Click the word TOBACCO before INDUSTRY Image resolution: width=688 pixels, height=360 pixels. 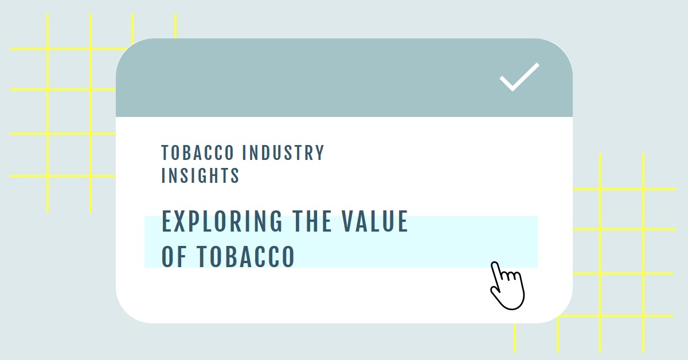(197, 152)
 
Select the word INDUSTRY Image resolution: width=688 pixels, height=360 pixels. (283, 152)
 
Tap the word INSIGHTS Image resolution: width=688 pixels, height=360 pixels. (200, 175)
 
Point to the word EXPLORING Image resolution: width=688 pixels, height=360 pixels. (222, 221)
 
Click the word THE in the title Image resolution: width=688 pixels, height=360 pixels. (312, 221)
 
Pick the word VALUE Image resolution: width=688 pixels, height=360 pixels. (375, 221)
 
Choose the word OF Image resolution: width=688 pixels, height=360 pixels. (174, 256)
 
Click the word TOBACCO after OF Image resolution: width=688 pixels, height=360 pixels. (246, 256)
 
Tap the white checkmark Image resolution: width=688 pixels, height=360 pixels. (519, 77)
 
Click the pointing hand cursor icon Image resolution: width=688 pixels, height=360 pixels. (507, 285)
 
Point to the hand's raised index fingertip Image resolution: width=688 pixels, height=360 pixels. (494, 264)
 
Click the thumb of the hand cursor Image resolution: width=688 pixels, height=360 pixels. (494, 291)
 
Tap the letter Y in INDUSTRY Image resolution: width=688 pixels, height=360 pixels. (319, 152)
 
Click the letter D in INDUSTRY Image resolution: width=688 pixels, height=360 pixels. (265, 152)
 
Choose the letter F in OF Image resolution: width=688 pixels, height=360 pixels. (182, 256)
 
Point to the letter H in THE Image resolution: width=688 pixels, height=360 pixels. (312, 221)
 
